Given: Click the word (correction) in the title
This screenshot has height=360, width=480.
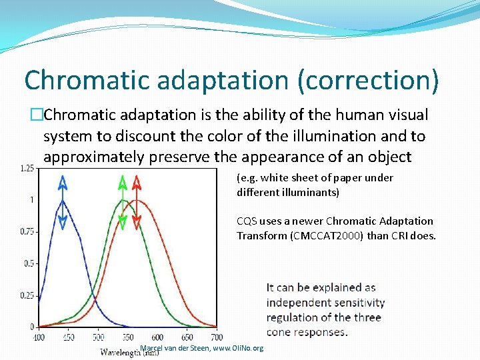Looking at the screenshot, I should pyautogui.click(x=369, y=80).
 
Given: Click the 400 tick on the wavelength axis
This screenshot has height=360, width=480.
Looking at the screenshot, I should pyautogui.click(x=39, y=338).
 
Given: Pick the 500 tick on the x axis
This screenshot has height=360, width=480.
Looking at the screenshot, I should pyautogui.click(x=98, y=338).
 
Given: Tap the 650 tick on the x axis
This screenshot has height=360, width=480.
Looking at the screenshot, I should pyautogui.click(x=187, y=338).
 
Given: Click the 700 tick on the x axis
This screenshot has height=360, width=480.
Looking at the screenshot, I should pyautogui.click(x=217, y=338).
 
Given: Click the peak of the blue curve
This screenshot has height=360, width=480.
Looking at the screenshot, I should pyautogui.click(x=62, y=200).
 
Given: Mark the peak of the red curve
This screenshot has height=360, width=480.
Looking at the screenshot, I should pyautogui.click(x=137, y=200).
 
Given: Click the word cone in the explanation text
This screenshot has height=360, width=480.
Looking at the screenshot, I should pyautogui.click(x=279, y=332).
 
